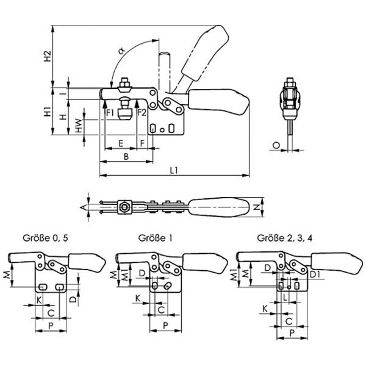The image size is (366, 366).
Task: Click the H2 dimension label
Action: (x=48, y=58)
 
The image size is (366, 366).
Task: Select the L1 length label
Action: (x=174, y=171)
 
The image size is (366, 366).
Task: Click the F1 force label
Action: (x=110, y=113)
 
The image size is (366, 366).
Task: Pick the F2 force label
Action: (x=142, y=113)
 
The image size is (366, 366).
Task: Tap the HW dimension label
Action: (x=78, y=126)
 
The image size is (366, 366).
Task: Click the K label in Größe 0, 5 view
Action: (x=38, y=300)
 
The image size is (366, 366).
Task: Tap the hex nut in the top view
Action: (x=125, y=207)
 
